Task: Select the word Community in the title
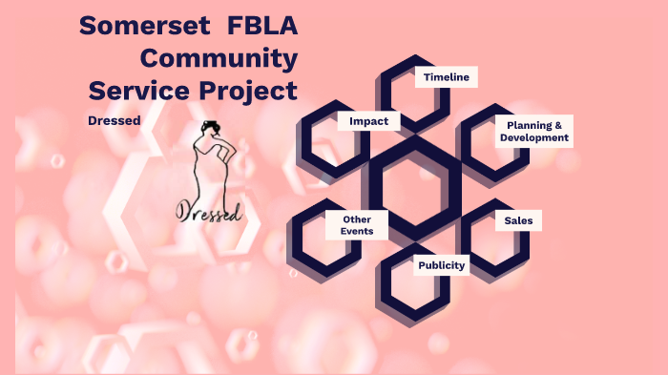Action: pyautogui.click(x=219, y=58)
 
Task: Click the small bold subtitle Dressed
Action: pyautogui.click(x=115, y=120)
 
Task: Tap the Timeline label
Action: pyautogui.click(x=447, y=77)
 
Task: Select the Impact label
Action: pyautogui.click(x=368, y=121)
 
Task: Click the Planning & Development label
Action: pyautogui.click(x=534, y=132)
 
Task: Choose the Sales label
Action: pyautogui.click(x=518, y=220)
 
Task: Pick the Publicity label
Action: pyautogui.click(x=442, y=265)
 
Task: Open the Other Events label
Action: pyautogui.click(x=357, y=226)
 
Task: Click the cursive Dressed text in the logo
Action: pyautogui.click(x=209, y=211)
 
